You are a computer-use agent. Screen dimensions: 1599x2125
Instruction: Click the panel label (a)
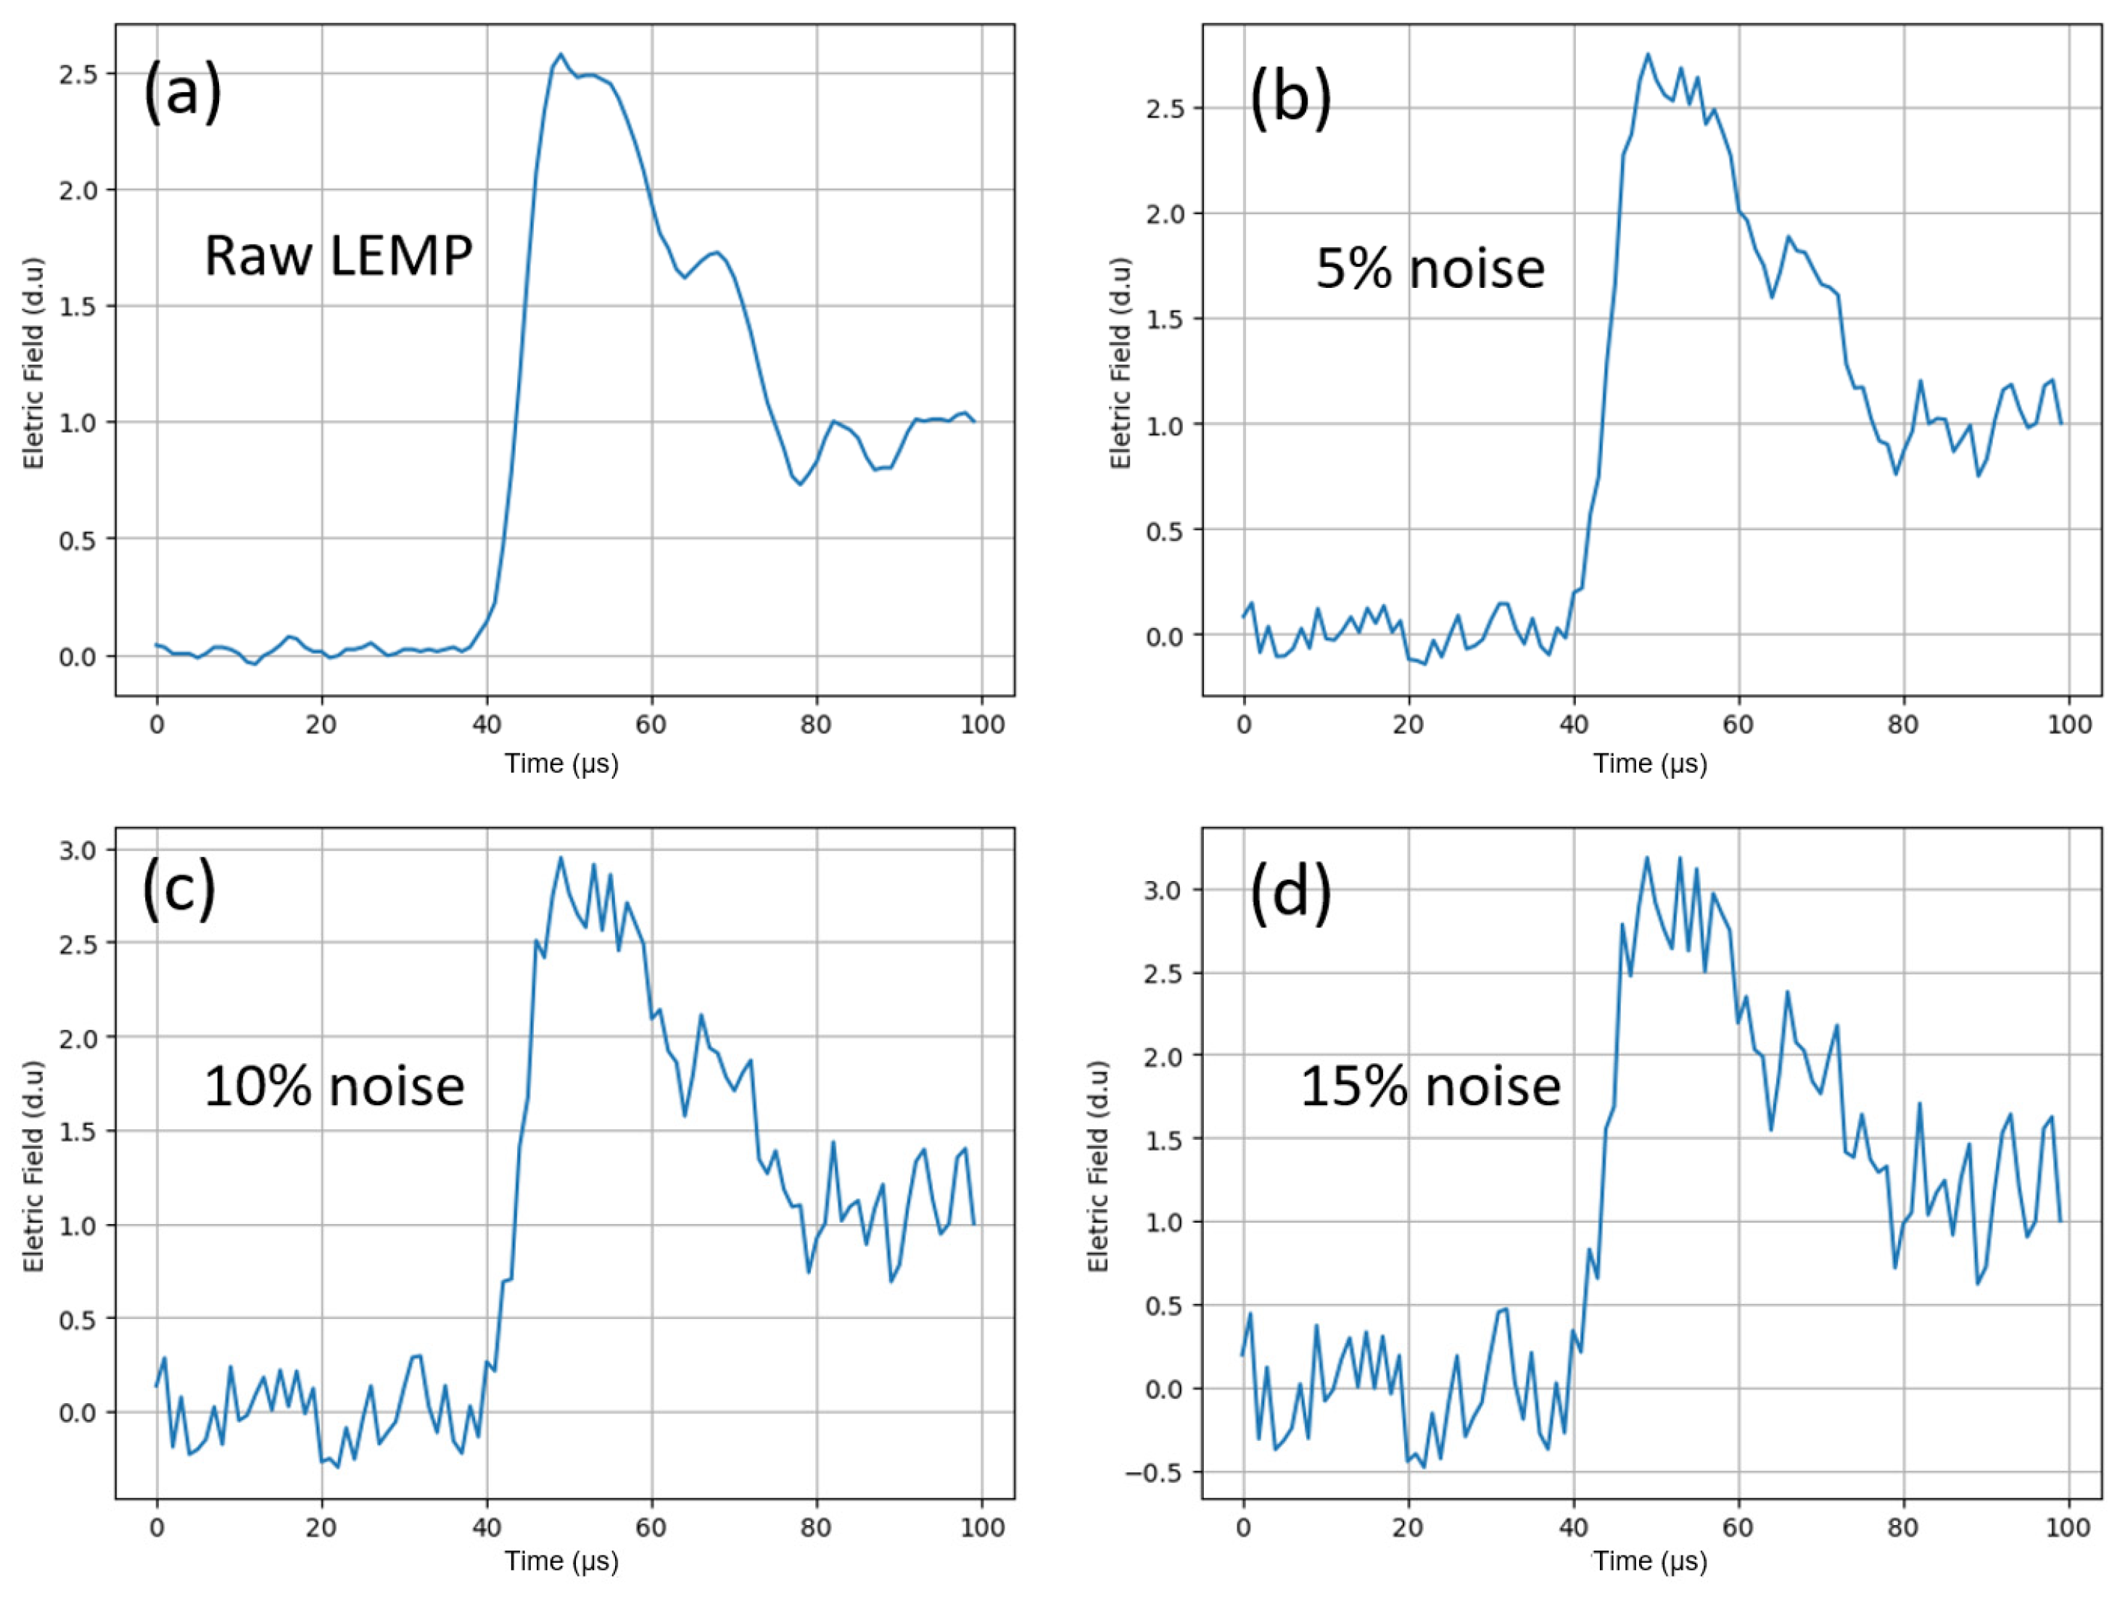[183, 92]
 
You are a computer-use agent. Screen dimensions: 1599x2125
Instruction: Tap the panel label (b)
[1290, 98]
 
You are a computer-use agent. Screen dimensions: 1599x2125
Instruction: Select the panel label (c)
[180, 888]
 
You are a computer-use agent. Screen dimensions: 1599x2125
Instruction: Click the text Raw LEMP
[338, 257]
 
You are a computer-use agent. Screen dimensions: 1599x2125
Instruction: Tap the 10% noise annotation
[334, 1086]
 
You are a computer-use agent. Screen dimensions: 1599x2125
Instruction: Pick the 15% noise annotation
[1429, 1086]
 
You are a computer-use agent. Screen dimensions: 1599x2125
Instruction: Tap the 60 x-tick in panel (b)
[1737, 724]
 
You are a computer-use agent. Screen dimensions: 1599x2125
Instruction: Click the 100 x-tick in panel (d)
[2068, 1527]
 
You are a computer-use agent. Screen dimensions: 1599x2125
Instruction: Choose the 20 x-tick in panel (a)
[321, 724]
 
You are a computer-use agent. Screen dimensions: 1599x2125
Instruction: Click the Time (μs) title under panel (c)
[562, 1561]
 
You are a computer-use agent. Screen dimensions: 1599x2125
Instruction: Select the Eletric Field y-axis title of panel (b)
[1120, 363]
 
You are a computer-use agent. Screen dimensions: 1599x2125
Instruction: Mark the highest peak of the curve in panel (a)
[561, 54]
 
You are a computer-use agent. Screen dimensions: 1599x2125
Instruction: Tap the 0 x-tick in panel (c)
[157, 1527]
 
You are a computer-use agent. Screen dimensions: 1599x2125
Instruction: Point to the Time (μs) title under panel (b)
[1649, 764]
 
